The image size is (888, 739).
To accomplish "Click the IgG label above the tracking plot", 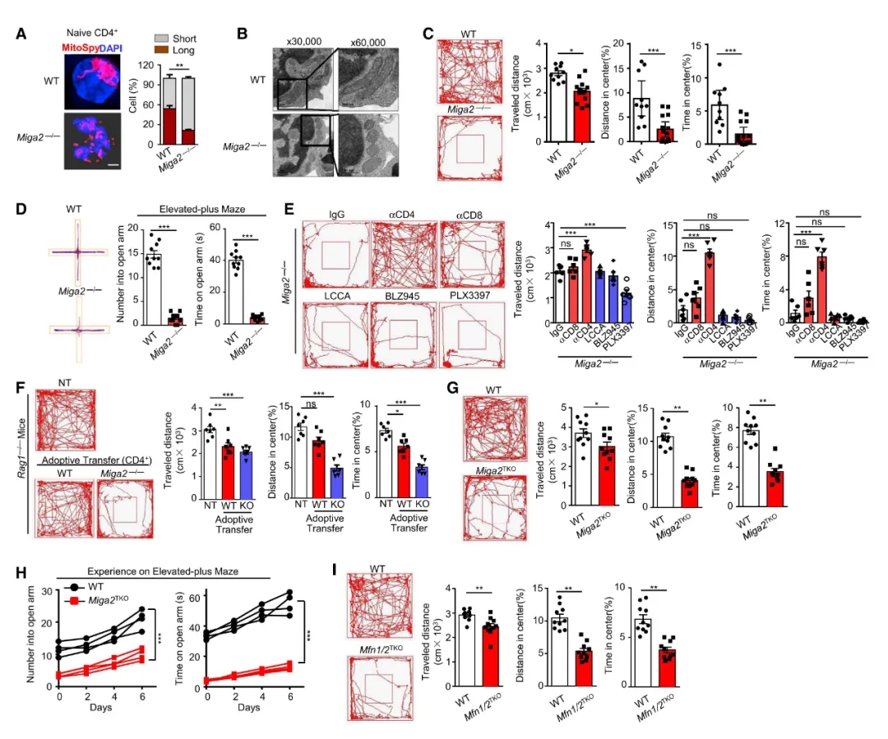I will [336, 215].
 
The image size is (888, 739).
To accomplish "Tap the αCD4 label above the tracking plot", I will [403, 215].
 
